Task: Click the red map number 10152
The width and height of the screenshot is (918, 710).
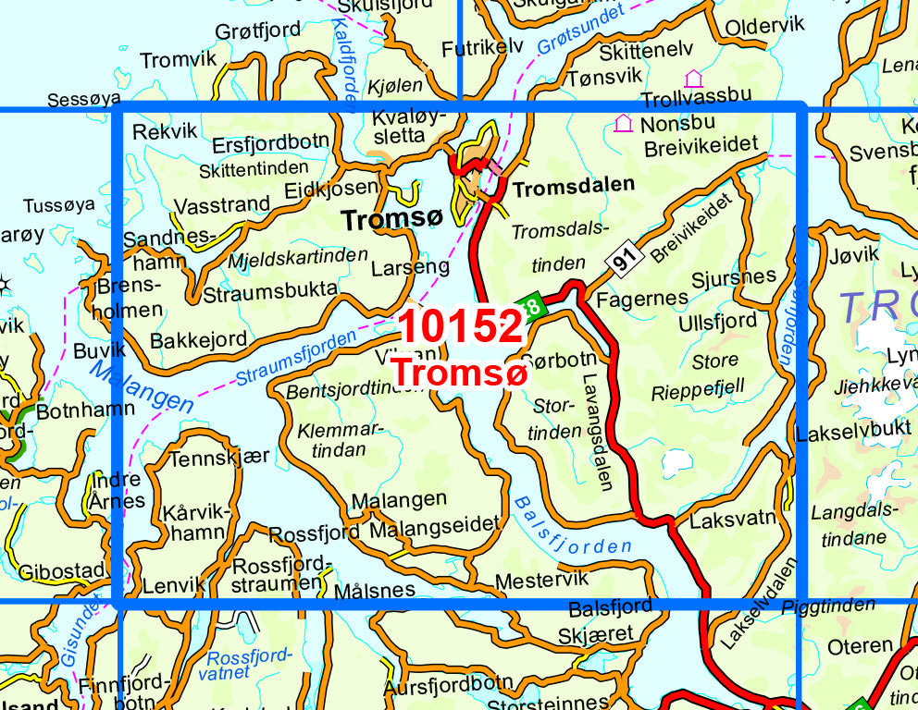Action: [461, 327]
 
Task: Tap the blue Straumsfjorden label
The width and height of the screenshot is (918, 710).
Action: [296, 360]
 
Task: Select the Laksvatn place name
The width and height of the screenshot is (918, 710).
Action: [733, 519]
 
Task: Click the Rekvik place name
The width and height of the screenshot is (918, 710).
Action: [166, 132]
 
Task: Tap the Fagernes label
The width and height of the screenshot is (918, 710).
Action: [643, 299]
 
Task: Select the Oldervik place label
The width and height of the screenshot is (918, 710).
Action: [764, 26]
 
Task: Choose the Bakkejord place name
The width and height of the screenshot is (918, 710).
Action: [199, 340]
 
